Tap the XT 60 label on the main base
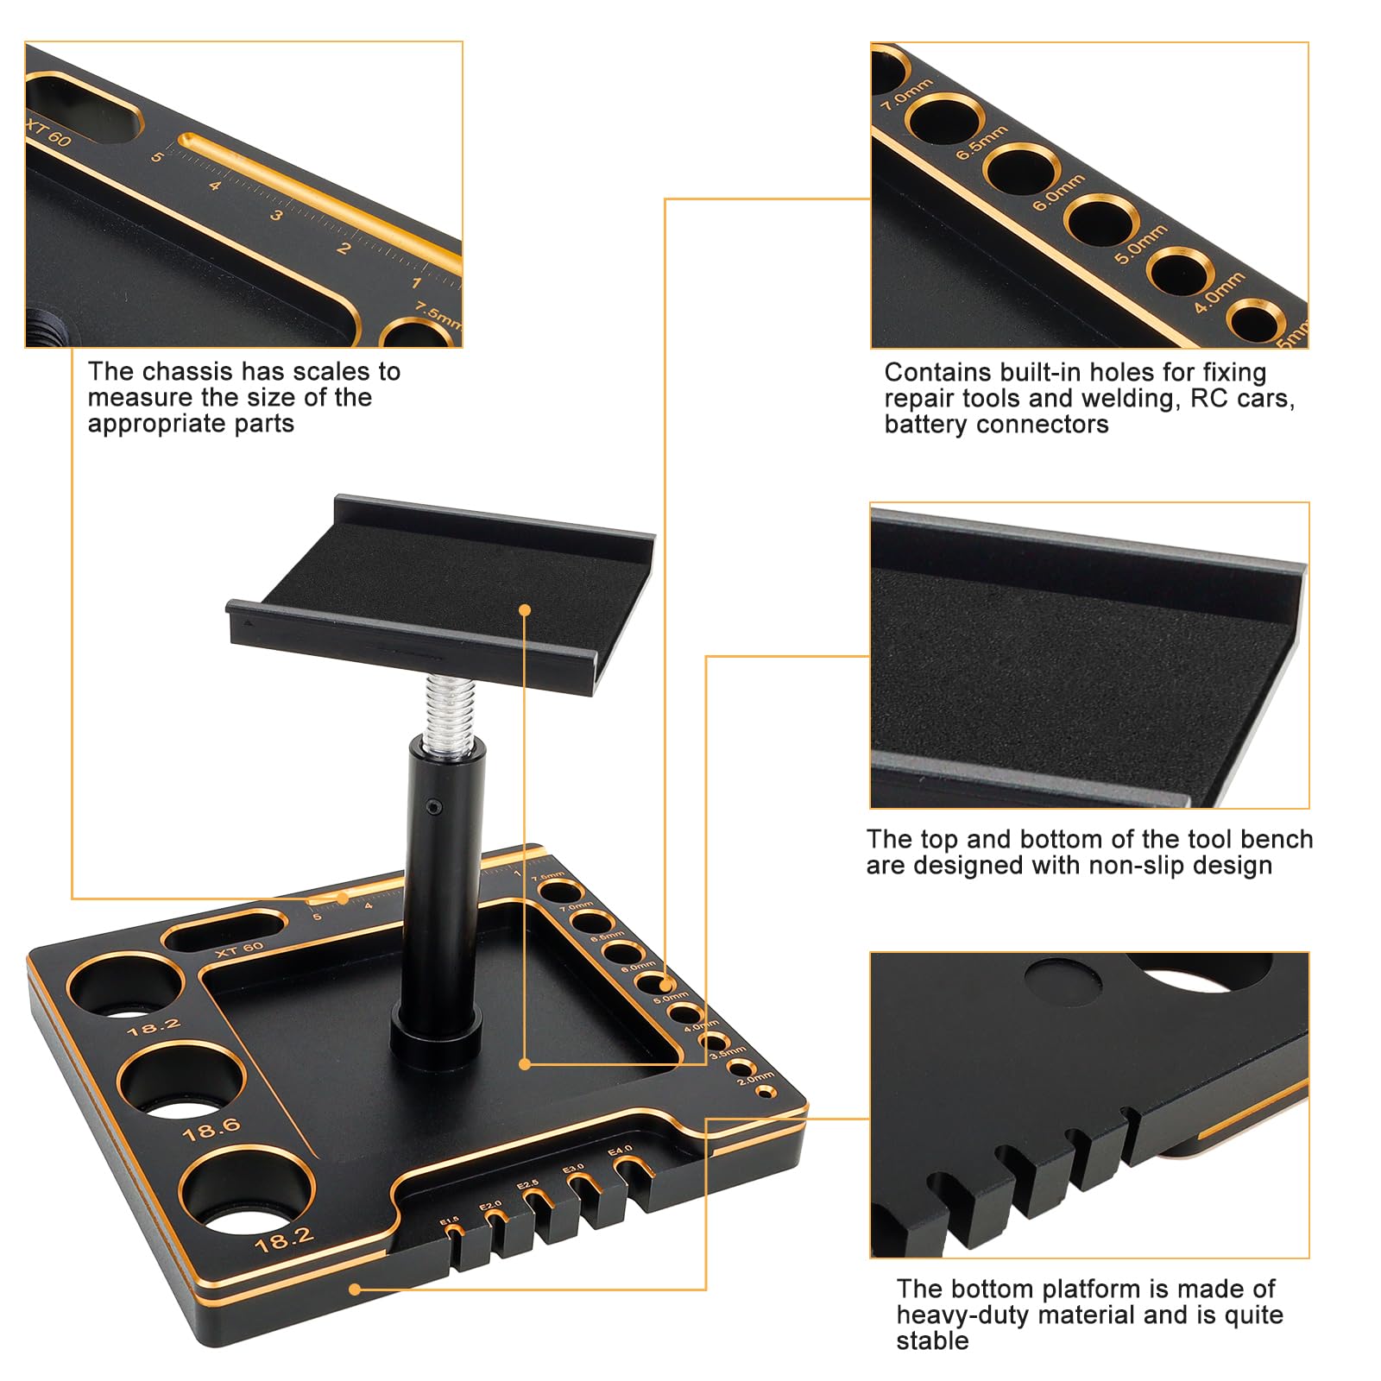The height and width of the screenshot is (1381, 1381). [x=239, y=949]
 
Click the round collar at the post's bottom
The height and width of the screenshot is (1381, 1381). [x=436, y=1031]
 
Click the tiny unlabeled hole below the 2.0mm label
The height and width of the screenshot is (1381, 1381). [x=762, y=1092]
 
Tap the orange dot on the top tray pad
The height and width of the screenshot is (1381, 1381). [x=525, y=610]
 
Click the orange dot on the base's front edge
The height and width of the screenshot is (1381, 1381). [x=354, y=1290]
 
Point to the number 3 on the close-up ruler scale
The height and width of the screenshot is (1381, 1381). [x=275, y=215]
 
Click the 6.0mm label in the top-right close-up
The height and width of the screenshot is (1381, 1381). [x=1058, y=192]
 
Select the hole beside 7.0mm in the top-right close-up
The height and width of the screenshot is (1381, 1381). [x=945, y=118]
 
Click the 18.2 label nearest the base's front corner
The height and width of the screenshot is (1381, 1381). [x=284, y=1240]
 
